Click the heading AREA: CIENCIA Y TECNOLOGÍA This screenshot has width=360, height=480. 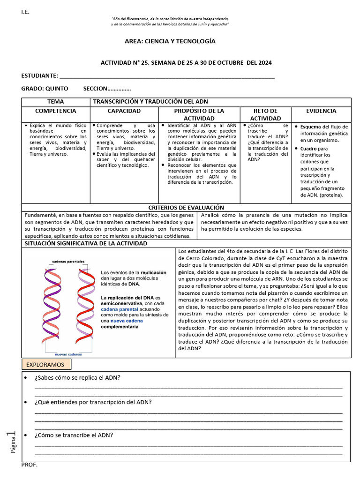click(170, 41)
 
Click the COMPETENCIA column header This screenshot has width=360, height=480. click(55, 111)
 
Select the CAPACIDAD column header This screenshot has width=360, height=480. click(124, 111)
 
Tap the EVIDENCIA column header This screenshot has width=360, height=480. click(321, 111)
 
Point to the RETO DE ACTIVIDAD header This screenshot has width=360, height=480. click(265, 114)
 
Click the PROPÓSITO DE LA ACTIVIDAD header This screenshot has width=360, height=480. click(199, 114)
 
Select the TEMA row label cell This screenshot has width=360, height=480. click(55, 102)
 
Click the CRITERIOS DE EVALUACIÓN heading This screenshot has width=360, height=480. click(186, 207)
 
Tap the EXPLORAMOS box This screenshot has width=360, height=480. click(46, 364)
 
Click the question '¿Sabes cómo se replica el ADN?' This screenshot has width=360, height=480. click(77, 378)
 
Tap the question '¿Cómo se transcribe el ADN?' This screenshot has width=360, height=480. click(74, 435)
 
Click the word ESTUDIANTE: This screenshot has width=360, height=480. click(40, 76)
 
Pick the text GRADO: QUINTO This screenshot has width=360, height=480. click(45, 89)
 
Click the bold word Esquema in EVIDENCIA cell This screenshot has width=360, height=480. click(310, 127)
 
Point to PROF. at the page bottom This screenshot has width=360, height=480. click(30, 465)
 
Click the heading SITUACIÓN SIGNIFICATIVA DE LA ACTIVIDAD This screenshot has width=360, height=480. click(85, 244)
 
